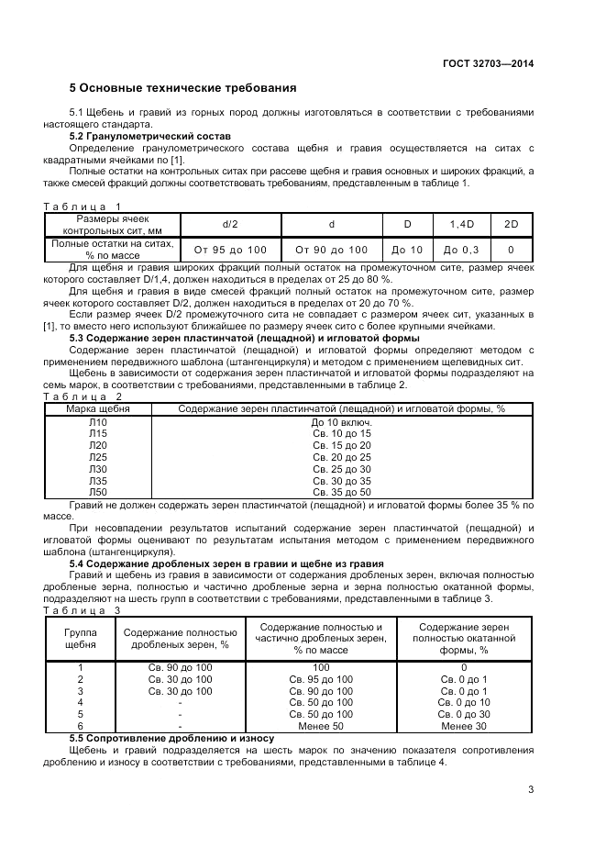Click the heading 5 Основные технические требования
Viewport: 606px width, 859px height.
pyautogui.click(x=183, y=88)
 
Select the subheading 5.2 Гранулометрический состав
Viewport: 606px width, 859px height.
pyautogui.click(x=150, y=136)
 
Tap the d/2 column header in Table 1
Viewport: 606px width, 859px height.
pyautogui.click(x=230, y=224)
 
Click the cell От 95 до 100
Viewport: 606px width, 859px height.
pyautogui.click(x=230, y=250)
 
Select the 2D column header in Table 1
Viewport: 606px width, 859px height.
pyautogui.click(x=511, y=224)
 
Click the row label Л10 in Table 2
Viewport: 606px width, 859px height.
pyautogui.click(x=98, y=421)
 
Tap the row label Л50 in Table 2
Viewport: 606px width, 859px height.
pyautogui.click(x=98, y=493)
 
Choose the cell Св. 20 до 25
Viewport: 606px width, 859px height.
pyautogui.click(x=341, y=457)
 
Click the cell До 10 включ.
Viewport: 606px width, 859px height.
pyautogui.click(x=341, y=421)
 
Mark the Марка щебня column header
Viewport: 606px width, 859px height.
pyautogui.click(x=98, y=408)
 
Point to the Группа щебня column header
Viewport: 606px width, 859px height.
pyautogui.click(x=80, y=639)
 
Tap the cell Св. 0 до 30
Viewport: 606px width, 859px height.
pyautogui.click(x=464, y=714)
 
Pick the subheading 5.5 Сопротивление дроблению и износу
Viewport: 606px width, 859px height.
pyautogui.click(x=172, y=738)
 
